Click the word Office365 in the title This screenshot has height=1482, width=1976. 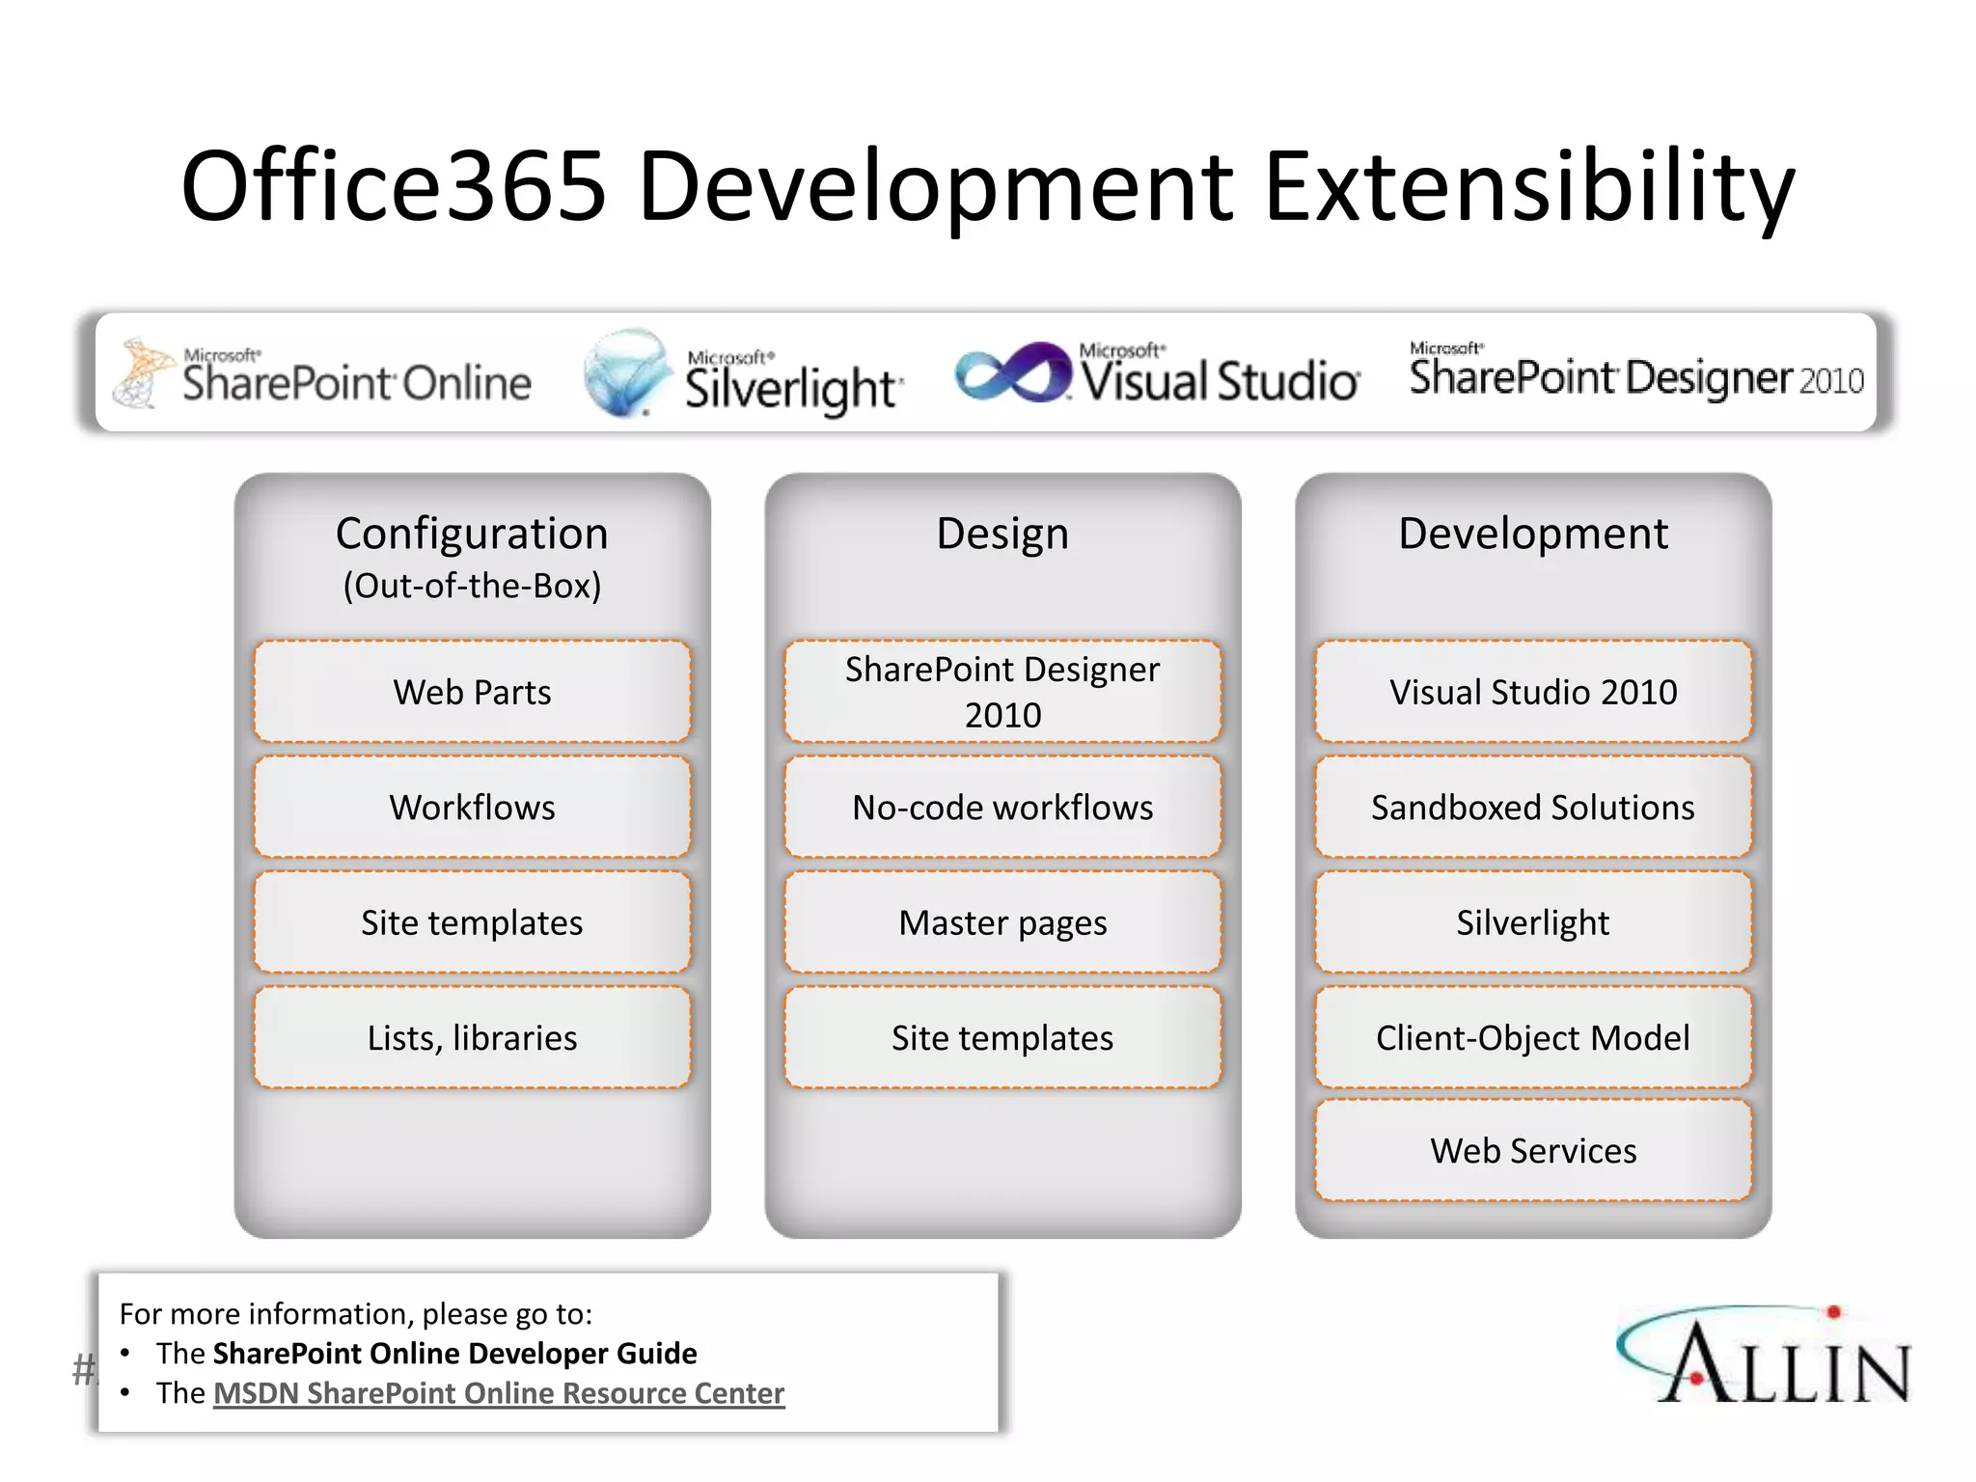(394, 185)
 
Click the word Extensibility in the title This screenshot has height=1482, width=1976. (1529, 185)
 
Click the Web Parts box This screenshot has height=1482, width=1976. (472, 692)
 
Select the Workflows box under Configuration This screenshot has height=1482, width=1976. (472, 808)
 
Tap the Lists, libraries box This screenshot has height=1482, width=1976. (472, 1038)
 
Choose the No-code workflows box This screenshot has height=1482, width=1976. (1002, 808)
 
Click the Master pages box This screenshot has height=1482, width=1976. (1002, 923)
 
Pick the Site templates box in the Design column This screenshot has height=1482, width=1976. (1002, 1038)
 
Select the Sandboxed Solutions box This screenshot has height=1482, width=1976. (1532, 808)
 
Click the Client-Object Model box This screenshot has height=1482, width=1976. (1532, 1038)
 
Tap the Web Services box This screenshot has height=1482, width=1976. (1532, 1151)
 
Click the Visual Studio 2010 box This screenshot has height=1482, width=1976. (1532, 692)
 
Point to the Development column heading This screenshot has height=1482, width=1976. (1532, 534)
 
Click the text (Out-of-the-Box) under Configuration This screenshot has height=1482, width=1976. (472, 586)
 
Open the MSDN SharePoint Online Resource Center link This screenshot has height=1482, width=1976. (499, 1393)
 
